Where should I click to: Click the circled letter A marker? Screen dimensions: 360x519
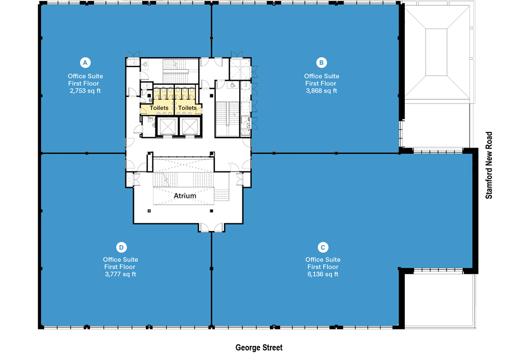pos(85,62)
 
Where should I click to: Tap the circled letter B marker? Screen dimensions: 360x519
pos(321,62)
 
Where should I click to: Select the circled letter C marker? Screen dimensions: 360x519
pos(322,247)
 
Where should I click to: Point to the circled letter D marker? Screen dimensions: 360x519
pos(120,247)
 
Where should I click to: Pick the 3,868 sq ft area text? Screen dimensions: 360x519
pos(321,90)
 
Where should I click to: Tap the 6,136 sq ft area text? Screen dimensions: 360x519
pos(322,274)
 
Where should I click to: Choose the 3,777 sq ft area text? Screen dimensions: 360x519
pos(120,274)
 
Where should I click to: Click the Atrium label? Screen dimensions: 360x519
pos(185,196)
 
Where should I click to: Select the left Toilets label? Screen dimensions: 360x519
pos(159,108)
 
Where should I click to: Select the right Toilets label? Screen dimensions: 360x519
pos(187,108)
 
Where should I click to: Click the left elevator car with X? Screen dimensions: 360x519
pos(167,126)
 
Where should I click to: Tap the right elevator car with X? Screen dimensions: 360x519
pos(189,126)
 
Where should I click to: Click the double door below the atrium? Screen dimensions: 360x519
pos(211,227)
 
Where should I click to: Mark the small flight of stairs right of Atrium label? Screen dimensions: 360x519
pos(222,195)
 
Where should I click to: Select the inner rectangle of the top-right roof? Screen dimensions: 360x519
pos(436,52)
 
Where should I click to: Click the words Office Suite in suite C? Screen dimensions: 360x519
pos(322,260)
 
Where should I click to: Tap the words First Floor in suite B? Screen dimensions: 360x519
pos(321,83)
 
